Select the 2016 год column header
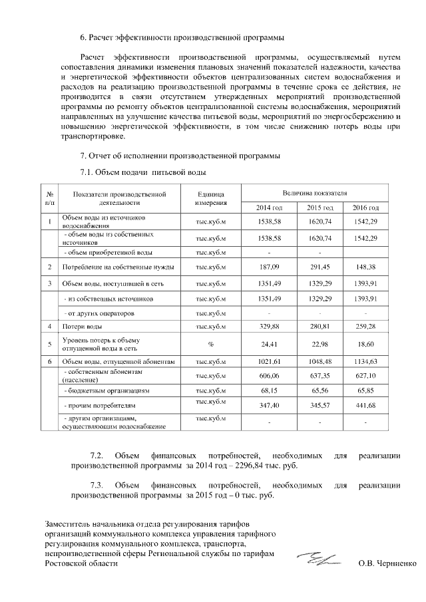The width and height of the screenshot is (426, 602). click(365, 208)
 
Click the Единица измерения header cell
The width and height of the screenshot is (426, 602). click(211, 198)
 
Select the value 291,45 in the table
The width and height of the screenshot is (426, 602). click(319, 267)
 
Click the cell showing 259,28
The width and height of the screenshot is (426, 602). click(365, 327)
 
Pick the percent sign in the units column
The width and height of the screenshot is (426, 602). click(211, 344)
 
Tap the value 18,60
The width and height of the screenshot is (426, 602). click(365, 344)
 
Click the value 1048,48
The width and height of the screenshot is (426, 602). click(319, 361)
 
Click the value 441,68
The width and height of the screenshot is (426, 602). click(365, 404)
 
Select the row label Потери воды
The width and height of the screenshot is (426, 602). click(83, 327)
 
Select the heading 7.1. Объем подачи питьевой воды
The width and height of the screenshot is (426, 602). click(142, 173)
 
